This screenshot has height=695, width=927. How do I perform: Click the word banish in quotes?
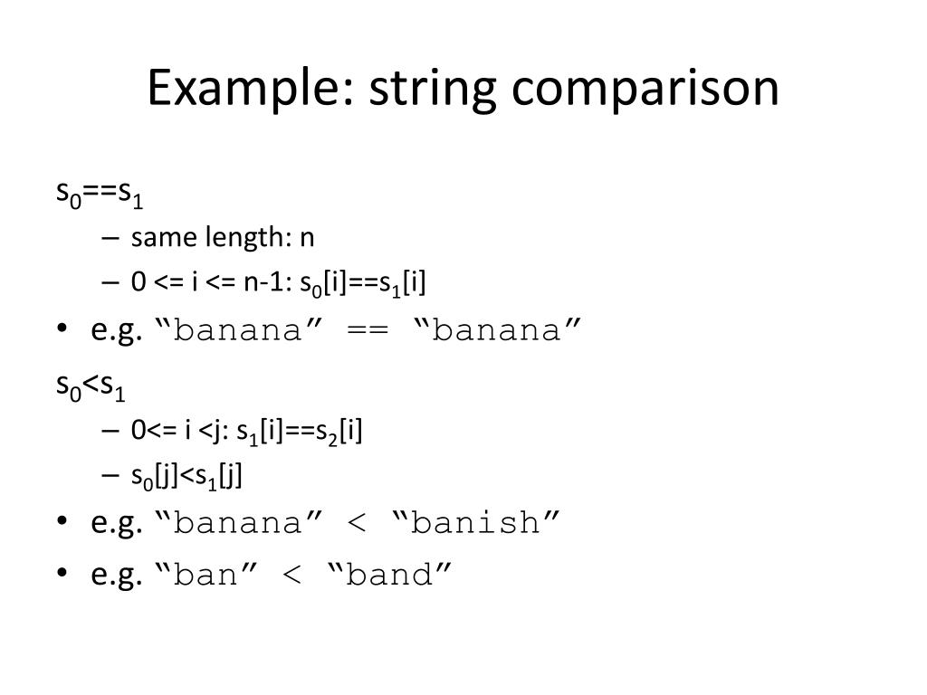pos(477,523)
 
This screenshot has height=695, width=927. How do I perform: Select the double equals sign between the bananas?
pos(368,330)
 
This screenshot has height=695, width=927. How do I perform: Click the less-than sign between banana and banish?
pos(368,523)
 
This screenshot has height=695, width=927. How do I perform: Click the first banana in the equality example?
pos(238,330)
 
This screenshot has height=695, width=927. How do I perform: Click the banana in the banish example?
pos(238,523)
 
